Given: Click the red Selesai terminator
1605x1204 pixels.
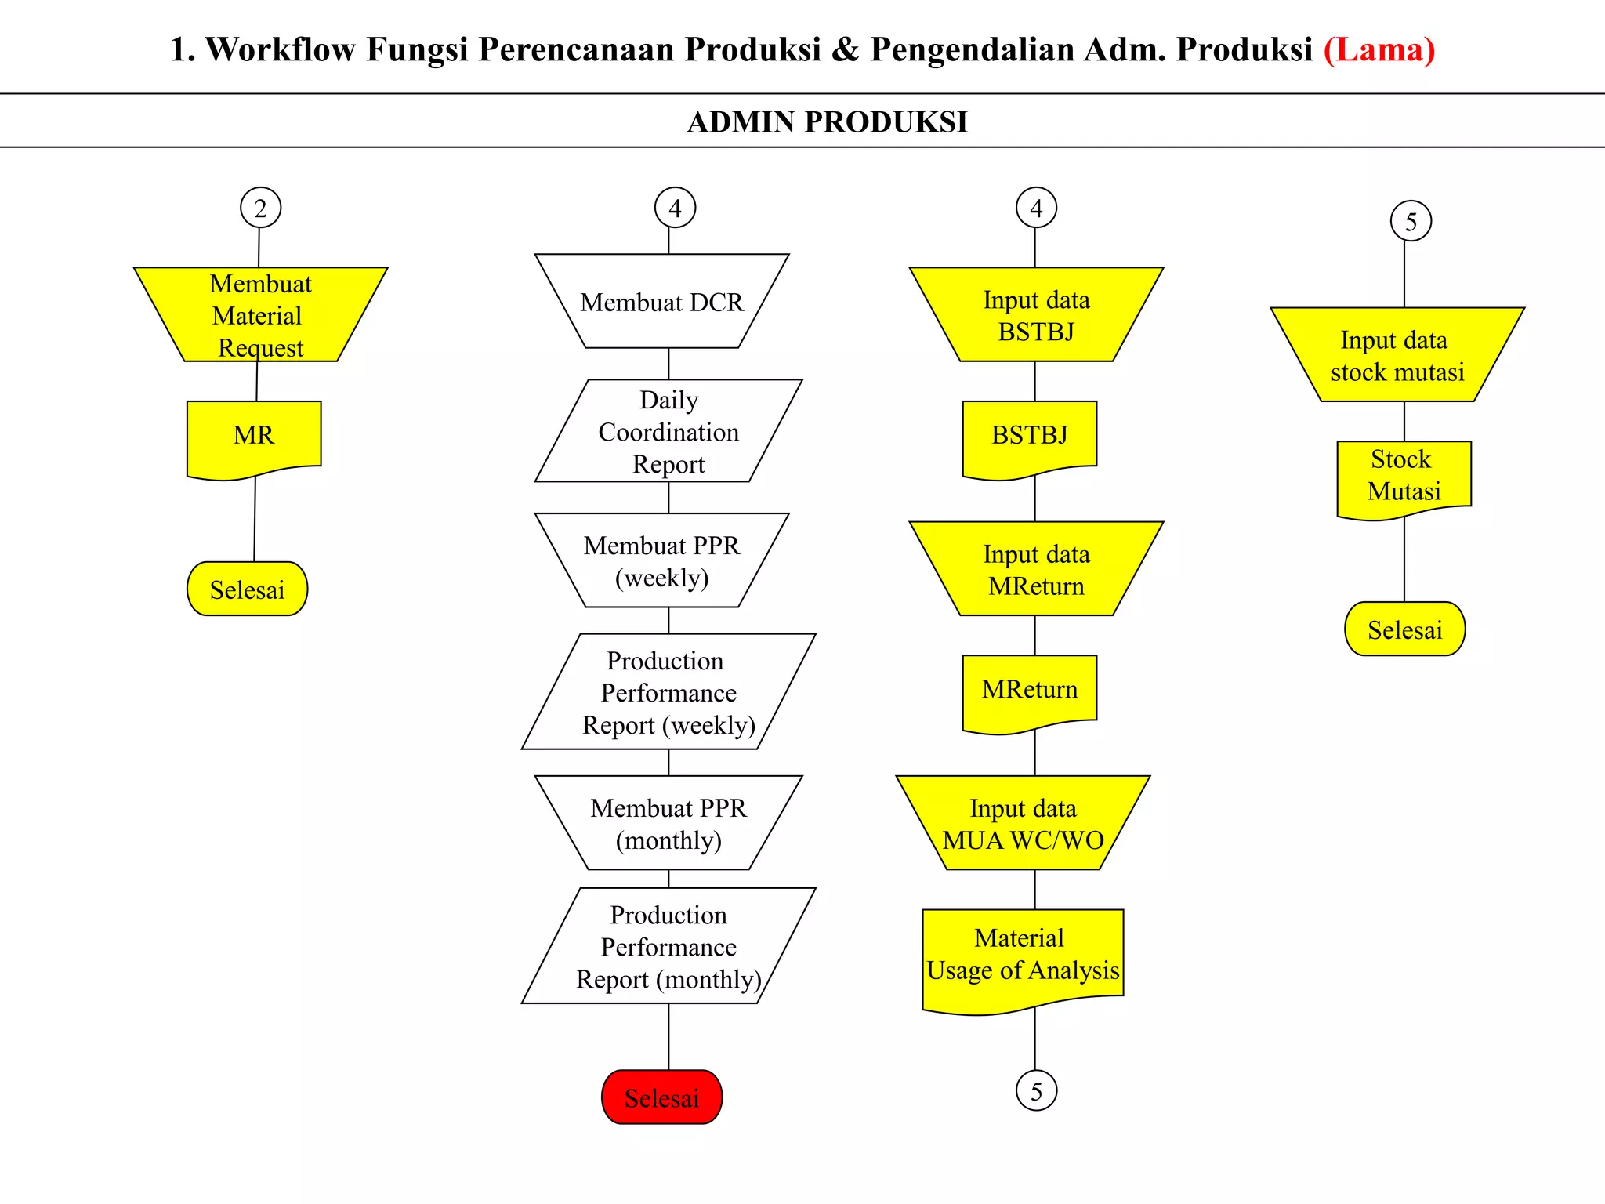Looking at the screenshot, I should click(661, 1097).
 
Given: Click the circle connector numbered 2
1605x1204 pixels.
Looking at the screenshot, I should click(260, 208).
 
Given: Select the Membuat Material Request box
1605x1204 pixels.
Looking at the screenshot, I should click(260, 315).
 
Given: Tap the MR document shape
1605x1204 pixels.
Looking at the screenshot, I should click(254, 436).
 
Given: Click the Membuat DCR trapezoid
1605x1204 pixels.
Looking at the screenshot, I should click(661, 302).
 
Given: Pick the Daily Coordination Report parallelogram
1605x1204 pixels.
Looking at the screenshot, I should click(668, 431).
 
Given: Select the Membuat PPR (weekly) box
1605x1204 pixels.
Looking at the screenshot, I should click(661, 561).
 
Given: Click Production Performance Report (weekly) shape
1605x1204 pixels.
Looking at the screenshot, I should click(668, 692).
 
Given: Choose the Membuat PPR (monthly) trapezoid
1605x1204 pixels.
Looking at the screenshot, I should click(668, 823).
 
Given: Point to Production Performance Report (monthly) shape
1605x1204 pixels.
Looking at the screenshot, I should click(668, 946).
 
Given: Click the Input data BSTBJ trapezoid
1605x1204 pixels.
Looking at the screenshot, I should click(1036, 315).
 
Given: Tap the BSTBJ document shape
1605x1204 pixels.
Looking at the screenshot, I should click(1030, 436).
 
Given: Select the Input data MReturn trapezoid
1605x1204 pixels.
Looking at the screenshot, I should click(1036, 570).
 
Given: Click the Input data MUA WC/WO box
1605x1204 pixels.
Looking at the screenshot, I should click(1023, 823).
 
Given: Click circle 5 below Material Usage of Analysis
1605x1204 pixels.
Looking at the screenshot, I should click(1036, 1090).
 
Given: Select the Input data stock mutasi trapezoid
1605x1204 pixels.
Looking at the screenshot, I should click(1397, 355).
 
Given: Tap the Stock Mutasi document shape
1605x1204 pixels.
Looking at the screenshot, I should click(1404, 476).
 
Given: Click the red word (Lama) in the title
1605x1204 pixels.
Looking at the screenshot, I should click(1379, 49).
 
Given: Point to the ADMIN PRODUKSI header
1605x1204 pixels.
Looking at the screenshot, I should click(827, 121).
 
